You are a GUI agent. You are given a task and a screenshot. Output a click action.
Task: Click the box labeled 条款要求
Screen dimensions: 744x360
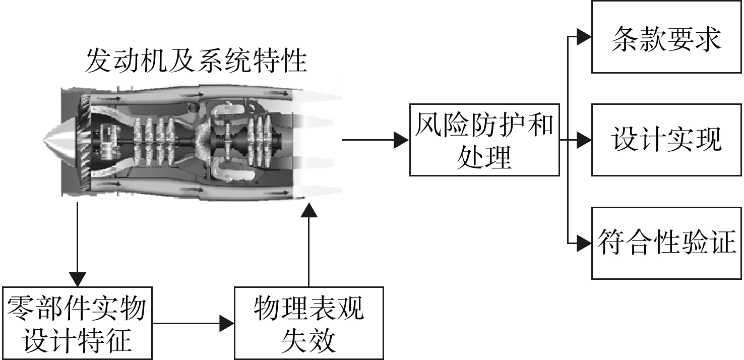tap(666, 37)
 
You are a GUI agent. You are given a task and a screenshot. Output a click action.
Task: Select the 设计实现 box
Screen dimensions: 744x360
tap(666, 140)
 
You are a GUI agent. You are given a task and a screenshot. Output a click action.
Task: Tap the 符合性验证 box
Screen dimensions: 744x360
tap(666, 243)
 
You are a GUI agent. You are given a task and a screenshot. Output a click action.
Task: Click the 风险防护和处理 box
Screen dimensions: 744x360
tap(484, 140)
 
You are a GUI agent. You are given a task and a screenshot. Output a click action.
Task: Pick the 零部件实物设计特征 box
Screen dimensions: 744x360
tap(77, 323)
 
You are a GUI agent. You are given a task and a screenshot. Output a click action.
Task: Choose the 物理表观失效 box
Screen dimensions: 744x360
tap(309, 323)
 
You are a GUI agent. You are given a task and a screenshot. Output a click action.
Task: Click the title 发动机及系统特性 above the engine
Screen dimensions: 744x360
tap(196, 61)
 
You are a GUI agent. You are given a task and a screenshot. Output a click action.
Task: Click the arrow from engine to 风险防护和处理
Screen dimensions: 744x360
tap(376, 140)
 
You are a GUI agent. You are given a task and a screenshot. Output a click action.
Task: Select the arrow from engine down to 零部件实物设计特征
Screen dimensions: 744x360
tap(78, 245)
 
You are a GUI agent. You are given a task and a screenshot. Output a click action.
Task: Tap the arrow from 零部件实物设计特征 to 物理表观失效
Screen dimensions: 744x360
tap(193, 323)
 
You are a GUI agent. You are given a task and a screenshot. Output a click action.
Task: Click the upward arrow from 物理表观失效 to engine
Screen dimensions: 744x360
tap(309, 245)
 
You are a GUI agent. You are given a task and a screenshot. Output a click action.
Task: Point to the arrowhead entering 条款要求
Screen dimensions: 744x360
tap(584, 37)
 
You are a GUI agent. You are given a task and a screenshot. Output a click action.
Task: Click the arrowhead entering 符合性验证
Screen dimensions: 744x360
tap(584, 244)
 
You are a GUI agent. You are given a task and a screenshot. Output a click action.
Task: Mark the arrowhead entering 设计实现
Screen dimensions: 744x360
tap(584, 140)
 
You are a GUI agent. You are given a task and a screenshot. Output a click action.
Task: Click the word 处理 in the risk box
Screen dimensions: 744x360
tap(484, 157)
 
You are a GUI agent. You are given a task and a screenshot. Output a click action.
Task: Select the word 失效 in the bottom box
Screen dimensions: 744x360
tap(308, 341)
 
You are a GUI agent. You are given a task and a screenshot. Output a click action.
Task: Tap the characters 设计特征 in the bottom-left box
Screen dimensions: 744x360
tap(77, 341)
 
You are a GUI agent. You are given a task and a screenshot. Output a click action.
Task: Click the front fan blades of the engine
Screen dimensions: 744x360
tap(85, 141)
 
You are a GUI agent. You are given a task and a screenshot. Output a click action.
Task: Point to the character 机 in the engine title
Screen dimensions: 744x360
tap(154, 61)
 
